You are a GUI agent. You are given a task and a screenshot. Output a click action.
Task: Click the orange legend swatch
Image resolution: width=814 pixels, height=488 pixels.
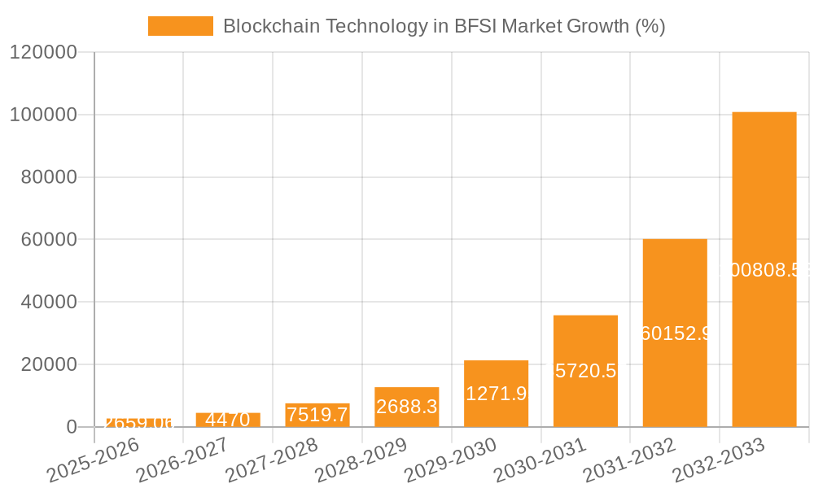click(180, 26)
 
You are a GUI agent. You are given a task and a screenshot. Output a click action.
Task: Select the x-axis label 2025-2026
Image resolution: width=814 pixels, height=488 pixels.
click(93, 460)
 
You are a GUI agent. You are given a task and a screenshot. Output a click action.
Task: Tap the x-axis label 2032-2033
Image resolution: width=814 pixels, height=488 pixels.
click(720, 460)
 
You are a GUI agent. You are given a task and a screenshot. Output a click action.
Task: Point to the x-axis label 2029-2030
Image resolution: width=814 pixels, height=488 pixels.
click(451, 460)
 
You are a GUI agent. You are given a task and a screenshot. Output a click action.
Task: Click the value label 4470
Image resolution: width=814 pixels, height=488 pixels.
click(228, 420)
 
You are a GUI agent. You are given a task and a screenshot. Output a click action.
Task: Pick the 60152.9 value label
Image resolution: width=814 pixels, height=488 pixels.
click(675, 333)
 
